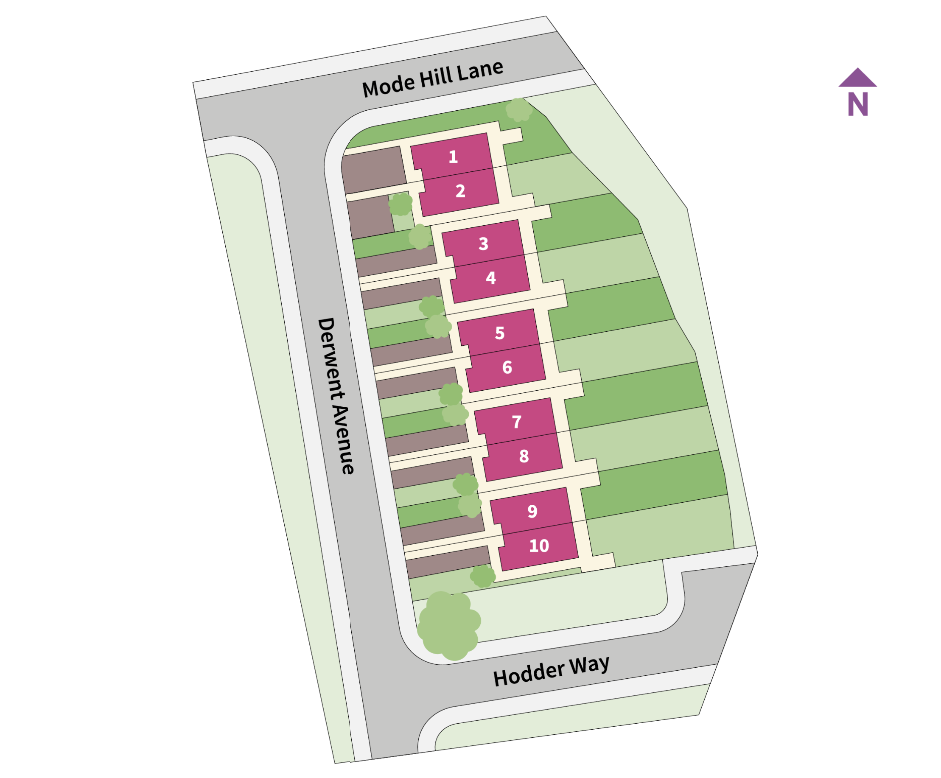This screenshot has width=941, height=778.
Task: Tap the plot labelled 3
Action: (x=483, y=244)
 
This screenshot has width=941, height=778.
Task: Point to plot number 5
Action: (x=500, y=333)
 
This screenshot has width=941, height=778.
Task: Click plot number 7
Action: (x=517, y=422)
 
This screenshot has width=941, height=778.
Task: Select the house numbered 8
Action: (x=524, y=456)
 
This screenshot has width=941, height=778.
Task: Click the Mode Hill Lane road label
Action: (x=433, y=79)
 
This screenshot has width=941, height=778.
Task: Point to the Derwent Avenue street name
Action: (x=336, y=396)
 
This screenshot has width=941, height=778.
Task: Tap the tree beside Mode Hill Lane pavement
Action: (x=519, y=110)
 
